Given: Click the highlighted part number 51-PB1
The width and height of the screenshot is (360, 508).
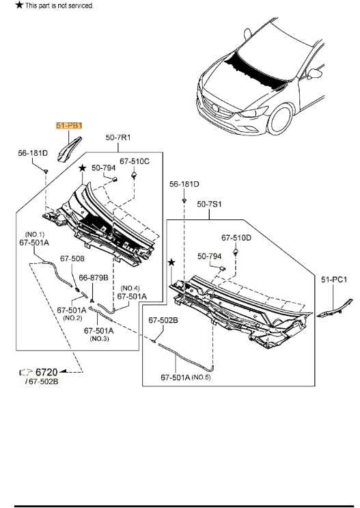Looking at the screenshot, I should pyautogui.click(x=68, y=126).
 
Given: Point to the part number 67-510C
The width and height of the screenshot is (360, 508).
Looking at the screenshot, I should pyautogui.click(x=135, y=161).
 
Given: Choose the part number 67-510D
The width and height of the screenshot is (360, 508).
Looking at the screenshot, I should pyautogui.click(x=236, y=238).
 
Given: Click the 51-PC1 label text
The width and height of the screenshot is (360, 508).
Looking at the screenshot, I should pyautogui.click(x=335, y=279).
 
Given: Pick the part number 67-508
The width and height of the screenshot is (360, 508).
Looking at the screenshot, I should pyautogui.click(x=72, y=258).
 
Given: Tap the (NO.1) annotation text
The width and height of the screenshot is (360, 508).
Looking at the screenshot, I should pyautogui.click(x=36, y=234).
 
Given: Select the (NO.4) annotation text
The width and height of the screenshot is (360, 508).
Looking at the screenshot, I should pyautogui.click(x=130, y=288).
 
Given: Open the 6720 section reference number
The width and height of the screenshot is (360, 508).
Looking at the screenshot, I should pyautogui.click(x=46, y=372).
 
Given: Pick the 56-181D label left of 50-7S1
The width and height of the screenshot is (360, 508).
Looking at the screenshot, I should pyautogui.click(x=184, y=184).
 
